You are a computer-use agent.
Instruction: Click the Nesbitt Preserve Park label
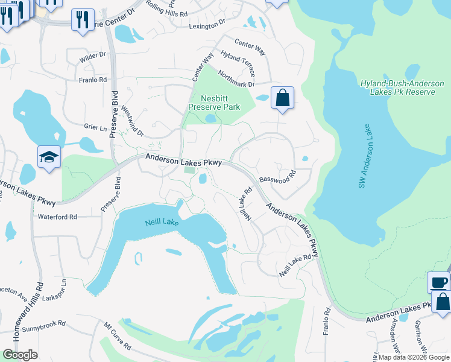pos(214,102)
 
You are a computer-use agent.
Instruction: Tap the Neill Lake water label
pos(162,223)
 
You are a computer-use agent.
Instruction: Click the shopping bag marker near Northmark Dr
pos(282,98)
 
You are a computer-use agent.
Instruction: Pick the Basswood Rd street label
pos(277,179)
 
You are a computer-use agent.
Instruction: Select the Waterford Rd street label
pos(57,217)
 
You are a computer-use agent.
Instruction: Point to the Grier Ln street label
pos(95,128)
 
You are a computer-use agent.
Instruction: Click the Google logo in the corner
pos(20,355)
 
